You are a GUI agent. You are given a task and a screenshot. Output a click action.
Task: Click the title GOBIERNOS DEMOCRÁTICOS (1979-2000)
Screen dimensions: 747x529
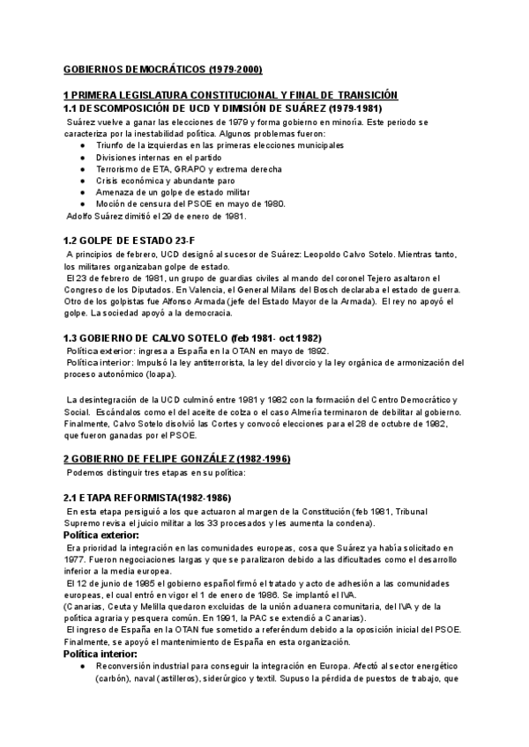(163, 68)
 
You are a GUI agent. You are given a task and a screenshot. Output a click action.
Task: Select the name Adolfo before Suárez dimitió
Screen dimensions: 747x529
(82, 215)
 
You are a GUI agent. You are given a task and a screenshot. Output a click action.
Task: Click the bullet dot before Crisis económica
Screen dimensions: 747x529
(83, 180)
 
